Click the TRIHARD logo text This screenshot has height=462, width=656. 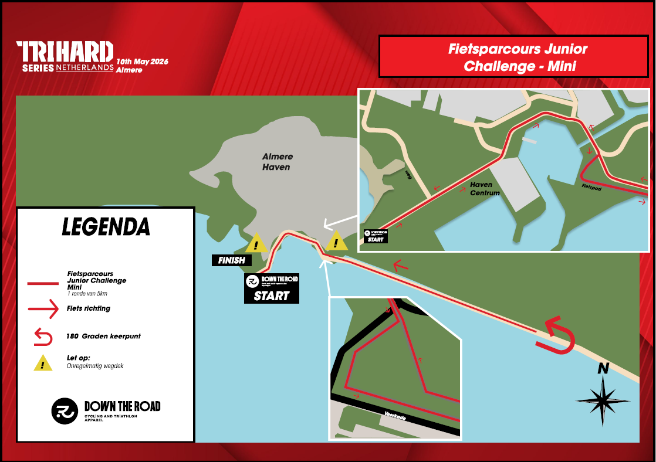coord(65,52)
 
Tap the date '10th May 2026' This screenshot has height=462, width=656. coord(143,62)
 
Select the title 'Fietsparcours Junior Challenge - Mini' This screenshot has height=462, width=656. coord(518,57)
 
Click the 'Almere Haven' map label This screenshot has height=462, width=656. coord(278,162)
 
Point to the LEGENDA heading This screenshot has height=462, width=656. coord(106,227)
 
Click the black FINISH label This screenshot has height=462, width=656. coord(231,260)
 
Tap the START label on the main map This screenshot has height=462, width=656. coord(272,295)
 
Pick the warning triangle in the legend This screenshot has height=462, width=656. coord(43,364)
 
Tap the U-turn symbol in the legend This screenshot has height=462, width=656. coord(43,337)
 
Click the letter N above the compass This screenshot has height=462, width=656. coord(603,369)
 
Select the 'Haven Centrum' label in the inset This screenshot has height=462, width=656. coord(485,189)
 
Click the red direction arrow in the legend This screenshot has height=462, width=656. coord(43,309)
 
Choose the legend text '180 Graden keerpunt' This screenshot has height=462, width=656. coord(103,337)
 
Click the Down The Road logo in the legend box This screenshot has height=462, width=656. coord(106,410)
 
